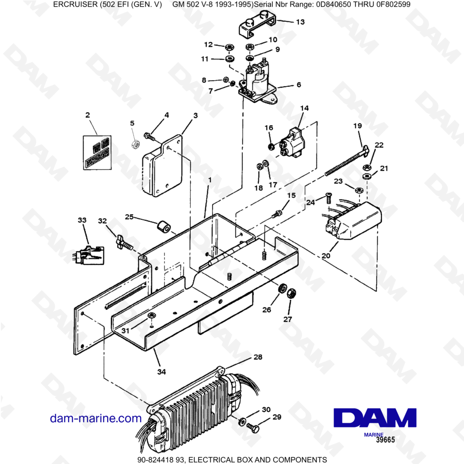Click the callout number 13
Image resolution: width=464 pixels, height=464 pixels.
pyautogui.click(x=301, y=22)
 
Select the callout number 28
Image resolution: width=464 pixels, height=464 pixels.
pyautogui.click(x=258, y=357)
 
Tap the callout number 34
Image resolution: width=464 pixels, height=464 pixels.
pyautogui.click(x=160, y=371)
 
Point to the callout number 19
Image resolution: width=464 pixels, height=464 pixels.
pyautogui.click(x=357, y=126)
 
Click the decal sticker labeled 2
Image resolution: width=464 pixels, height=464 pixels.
pyautogui.click(x=97, y=151)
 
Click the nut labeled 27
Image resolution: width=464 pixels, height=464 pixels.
pyautogui.click(x=292, y=294)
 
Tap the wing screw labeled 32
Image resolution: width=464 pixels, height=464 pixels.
pyautogui.click(x=123, y=242)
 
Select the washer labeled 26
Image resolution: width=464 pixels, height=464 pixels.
pyautogui.click(x=281, y=289)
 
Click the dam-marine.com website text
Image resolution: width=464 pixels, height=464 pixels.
pyautogui.click(x=96, y=418)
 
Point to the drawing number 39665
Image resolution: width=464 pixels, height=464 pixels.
pyautogui.click(x=386, y=440)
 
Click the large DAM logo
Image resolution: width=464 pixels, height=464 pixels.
pyautogui.click(x=375, y=418)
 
